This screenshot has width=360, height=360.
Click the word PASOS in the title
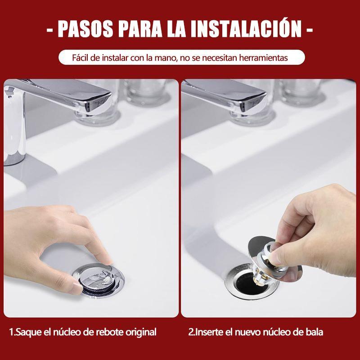pos(85,29)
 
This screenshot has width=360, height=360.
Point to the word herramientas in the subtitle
pos(264,58)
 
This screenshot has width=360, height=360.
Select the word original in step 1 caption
pos(141,333)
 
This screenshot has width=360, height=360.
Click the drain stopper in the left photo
pos(98,280)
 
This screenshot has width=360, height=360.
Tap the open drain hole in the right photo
pos(247,283)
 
